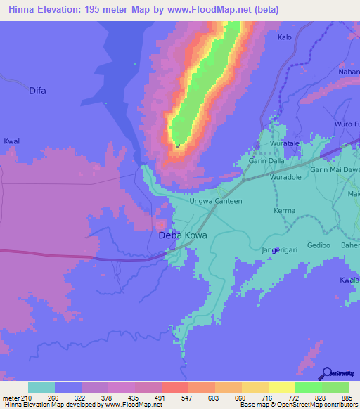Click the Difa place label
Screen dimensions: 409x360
point(37,91)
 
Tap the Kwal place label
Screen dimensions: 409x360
point(12,141)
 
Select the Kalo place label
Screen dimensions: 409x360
point(285,37)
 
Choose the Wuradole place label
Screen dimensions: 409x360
point(286,177)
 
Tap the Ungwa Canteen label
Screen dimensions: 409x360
point(216,201)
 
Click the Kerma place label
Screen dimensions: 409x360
point(284,211)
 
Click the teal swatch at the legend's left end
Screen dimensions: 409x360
point(41,387)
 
